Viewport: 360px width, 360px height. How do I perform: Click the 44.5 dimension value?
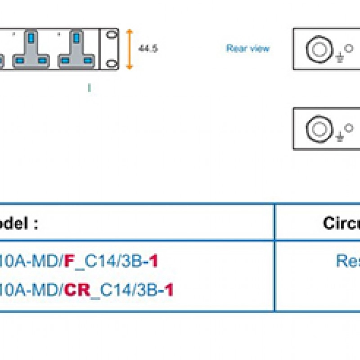pyautogui.click(x=148, y=49)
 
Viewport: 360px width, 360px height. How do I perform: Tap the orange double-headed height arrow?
pyautogui.click(x=130, y=49)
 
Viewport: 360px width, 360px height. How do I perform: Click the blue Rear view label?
pyautogui.click(x=247, y=48)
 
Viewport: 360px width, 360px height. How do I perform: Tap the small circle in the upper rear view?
pyautogui.click(x=349, y=46)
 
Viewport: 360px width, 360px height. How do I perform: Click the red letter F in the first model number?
pyautogui.click(x=68, y=261)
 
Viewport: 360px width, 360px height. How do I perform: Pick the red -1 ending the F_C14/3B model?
pyautogui.click(x=153, y=261)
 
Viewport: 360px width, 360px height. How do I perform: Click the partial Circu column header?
pyautogui.click(x=341, y=223)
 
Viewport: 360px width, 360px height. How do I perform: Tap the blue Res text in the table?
pyautogui.click(x=347, y=261)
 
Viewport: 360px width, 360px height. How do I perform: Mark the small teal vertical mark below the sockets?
pyautogui.click(x=89, y=88)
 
